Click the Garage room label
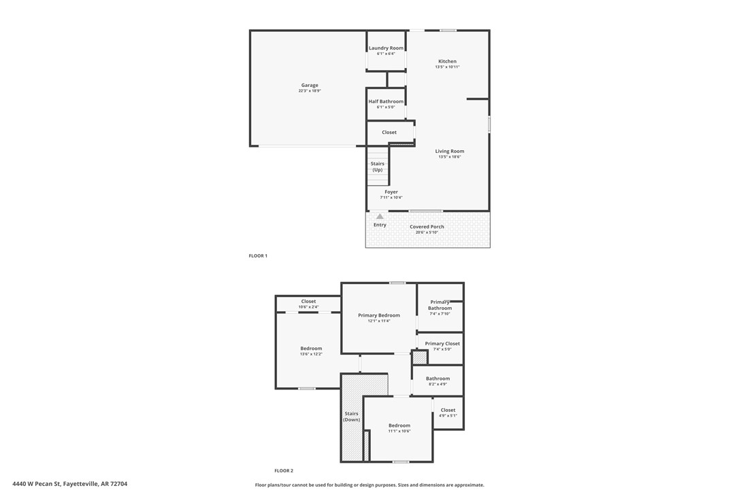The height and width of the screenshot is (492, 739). pos(310,86)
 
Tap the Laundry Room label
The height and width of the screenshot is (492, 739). pos(386,48)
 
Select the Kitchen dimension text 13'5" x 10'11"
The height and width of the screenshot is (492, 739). pos(447,67)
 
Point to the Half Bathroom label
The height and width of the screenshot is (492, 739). pos(386,101)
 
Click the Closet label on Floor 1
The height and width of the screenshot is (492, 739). pos(389,133)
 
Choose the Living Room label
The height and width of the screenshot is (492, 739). pos(450,152)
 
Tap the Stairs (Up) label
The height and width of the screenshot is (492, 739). pos(378,166)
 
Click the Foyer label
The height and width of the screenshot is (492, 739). pos(391,192)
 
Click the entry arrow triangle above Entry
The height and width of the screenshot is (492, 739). pos(380,216)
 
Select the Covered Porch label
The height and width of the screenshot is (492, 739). pos(427,227)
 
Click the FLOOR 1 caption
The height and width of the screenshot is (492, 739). pos(258,256)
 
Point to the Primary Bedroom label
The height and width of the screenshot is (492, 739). pos(379,315)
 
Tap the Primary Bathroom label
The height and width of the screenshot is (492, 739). pos(440,305)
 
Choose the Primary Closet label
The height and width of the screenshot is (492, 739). pos(442,344)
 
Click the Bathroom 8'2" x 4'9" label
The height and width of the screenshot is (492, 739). pos(438,379)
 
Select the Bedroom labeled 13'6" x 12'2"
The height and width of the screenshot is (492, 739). pos(311,349)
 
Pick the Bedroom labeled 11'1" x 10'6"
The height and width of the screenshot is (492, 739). pos(399,426)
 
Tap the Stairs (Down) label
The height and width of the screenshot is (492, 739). pos(351,417)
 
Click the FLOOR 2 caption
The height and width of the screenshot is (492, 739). pos(284,471)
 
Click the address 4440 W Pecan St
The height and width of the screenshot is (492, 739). pos(69,485)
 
